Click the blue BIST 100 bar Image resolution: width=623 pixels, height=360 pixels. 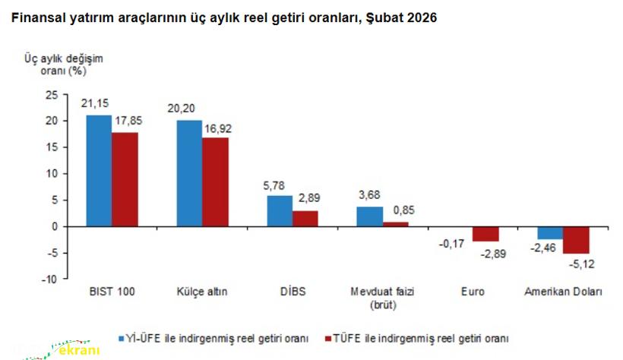[99, 170]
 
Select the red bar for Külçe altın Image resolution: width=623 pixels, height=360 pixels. [215, 182]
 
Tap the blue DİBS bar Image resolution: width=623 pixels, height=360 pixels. [280, 210]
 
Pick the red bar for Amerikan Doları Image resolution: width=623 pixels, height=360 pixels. [576, 239]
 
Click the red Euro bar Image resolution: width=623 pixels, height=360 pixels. [485, 233]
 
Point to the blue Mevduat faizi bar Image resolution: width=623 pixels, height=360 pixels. [370, 216]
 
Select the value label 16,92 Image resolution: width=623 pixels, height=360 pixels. [217, 128]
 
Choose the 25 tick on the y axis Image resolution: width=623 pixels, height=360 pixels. [52, 94]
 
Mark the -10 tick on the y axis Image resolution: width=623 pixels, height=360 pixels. [49, 279]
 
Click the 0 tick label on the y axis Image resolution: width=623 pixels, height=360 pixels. [55, 226]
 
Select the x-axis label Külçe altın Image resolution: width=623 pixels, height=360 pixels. [203, 292]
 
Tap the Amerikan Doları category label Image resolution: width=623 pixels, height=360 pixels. [563, 292]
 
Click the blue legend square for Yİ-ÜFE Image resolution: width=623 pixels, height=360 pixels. [122, 337]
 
